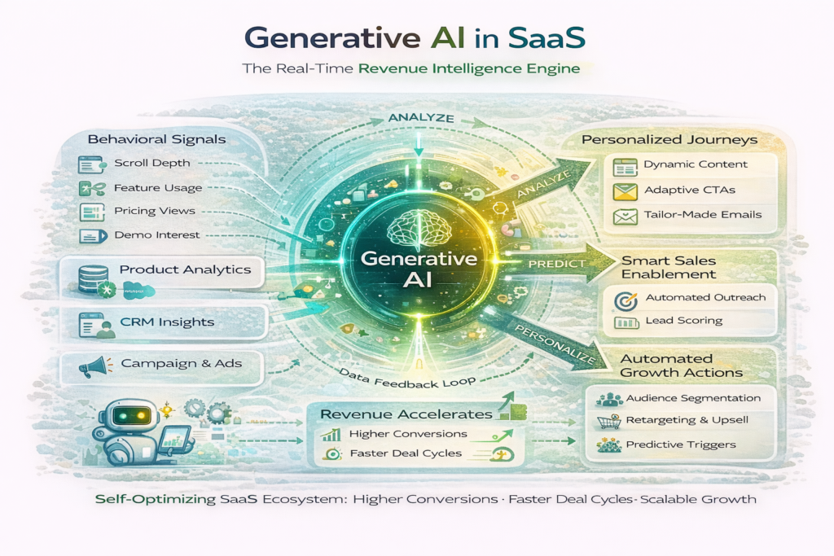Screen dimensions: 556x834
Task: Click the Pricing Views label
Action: pyautogui.click(x=154, y=211)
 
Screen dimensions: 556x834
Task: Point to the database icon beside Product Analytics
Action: pyautogui.click(x=91, y=278)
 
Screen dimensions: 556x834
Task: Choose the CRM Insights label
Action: pyautogui.click(x=166, y=322)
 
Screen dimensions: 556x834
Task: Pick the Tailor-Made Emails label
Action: pyautogui.click(x=702, y=215)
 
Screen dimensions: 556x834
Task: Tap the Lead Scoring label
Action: pyautogui.click(x=683, y=321)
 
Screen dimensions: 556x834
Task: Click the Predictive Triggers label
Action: pyautogui.click(x=681, y=444)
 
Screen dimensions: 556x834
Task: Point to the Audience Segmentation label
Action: pyautogui.click(x=693, y=398)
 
